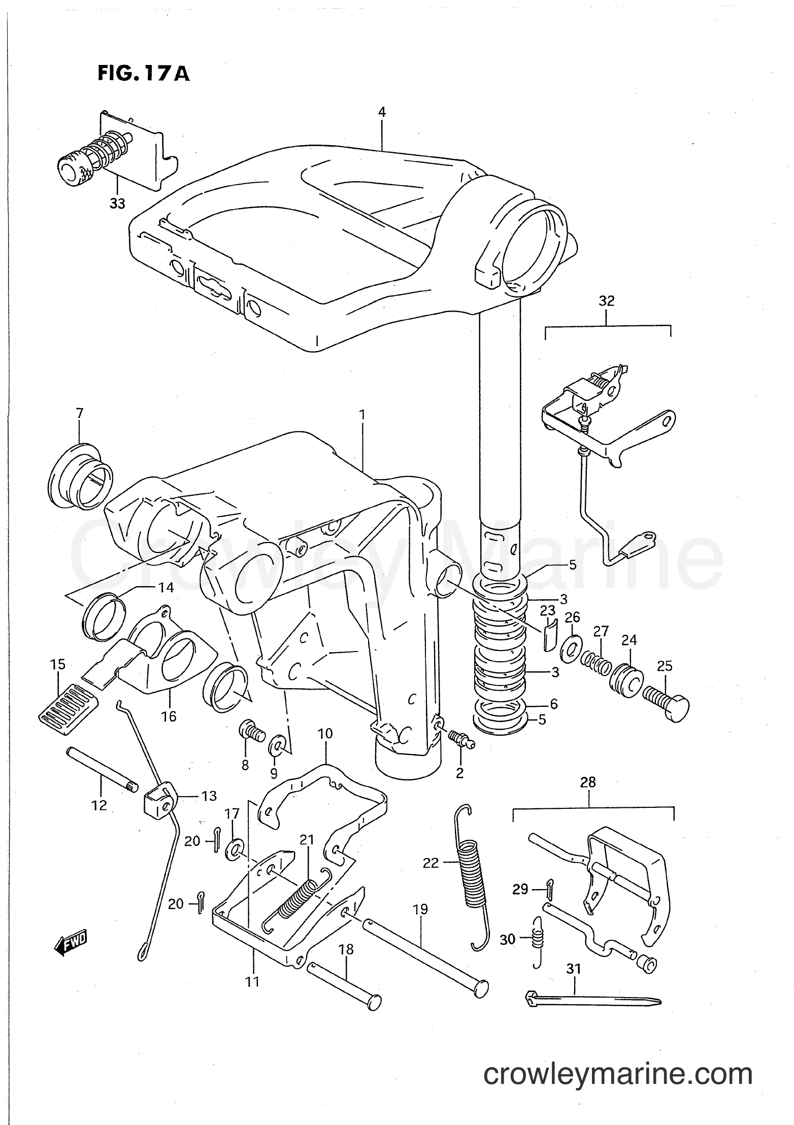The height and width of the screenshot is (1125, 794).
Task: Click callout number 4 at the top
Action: (x=381, y=112)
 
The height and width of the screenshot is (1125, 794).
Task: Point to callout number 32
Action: (x=606, y=301)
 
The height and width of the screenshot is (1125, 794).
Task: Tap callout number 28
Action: (x=588, y=782)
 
